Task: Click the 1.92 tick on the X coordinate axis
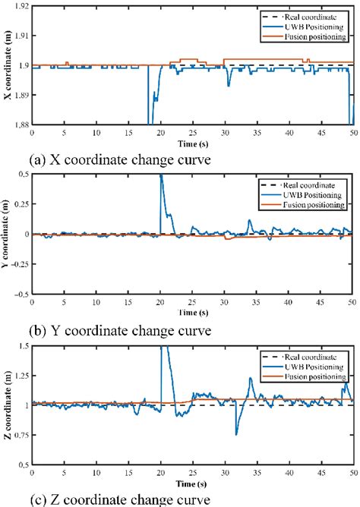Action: pos(18,6)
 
